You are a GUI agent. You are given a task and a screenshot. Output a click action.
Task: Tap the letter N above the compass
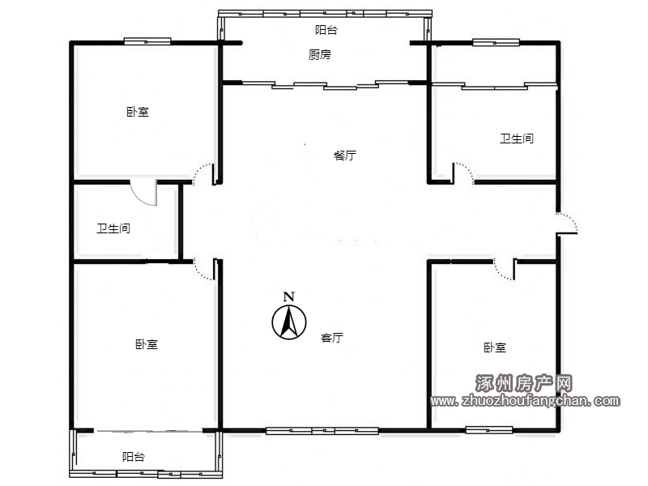(x=289, y=296)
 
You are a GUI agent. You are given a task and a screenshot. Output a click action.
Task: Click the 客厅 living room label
(x=332, y=338)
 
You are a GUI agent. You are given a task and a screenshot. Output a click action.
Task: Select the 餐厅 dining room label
(x=345, y=156)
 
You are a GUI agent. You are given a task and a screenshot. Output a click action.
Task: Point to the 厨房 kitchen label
(x=319, y=54)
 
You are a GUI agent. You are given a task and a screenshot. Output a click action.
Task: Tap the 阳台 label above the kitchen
(x=326, y=30)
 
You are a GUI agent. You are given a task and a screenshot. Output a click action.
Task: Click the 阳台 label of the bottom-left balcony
(x=134, y=457)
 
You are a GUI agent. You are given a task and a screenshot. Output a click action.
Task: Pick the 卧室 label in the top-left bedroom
(x=138, y=112)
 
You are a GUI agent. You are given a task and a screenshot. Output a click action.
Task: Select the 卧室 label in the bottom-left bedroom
(x=147, y=344)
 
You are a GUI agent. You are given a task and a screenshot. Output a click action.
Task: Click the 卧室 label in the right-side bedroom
(x=495, y=347)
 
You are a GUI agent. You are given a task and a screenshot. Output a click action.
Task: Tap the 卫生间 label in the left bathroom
(x=113, y=228)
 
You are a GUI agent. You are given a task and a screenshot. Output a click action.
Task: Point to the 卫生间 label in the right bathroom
(x=517, y=139)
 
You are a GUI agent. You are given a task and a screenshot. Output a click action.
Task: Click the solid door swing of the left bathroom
(x=144, y=193)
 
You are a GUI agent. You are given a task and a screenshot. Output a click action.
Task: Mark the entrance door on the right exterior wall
(x=566, y=224)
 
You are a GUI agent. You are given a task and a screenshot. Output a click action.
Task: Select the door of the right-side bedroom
(x=505, y=270)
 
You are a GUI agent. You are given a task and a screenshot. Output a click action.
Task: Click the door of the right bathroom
(x=463, y=173)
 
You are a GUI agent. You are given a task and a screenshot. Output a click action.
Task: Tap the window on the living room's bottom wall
(x=322, y=431)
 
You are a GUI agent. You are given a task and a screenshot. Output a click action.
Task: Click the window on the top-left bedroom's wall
(x=147, y=41)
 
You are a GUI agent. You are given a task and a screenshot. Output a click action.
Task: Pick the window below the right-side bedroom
(x=489, y=430)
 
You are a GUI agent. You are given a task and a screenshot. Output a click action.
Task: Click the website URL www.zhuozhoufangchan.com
(x=525, y=400)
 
